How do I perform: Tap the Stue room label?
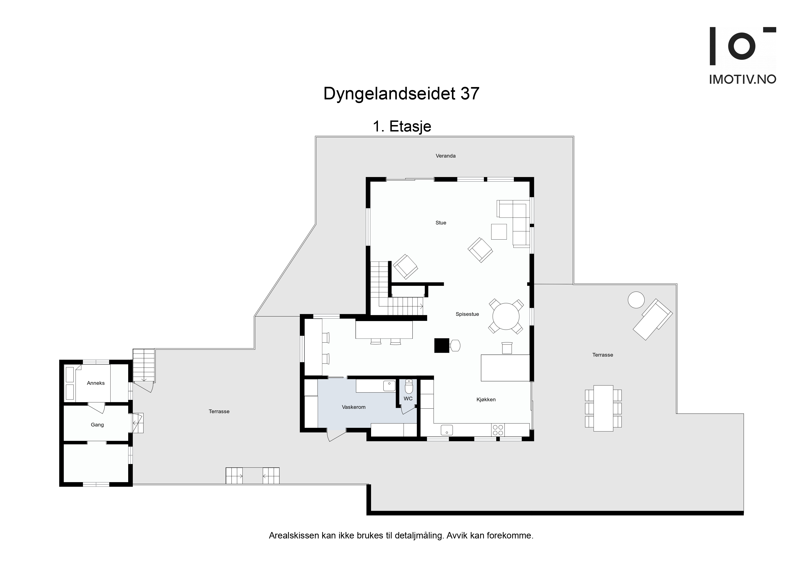coord(441,223)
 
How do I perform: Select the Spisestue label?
coord(467,314)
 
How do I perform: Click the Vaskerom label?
coord(354,407)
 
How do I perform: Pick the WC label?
coord(408,399)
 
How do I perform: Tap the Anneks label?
coord(96,383)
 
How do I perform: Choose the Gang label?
coord(97,425)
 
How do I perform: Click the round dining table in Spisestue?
coord(506,316)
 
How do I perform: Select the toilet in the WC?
coord(409,387)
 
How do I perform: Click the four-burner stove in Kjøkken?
coord(498,430)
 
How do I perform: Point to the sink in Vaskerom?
coord(389,386)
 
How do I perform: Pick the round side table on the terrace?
coord(636,300)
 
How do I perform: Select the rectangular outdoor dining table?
coord(603,408)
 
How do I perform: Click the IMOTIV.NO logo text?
coord(743,79)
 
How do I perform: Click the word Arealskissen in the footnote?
coord(294,535)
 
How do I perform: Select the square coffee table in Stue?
coord(499,232)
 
